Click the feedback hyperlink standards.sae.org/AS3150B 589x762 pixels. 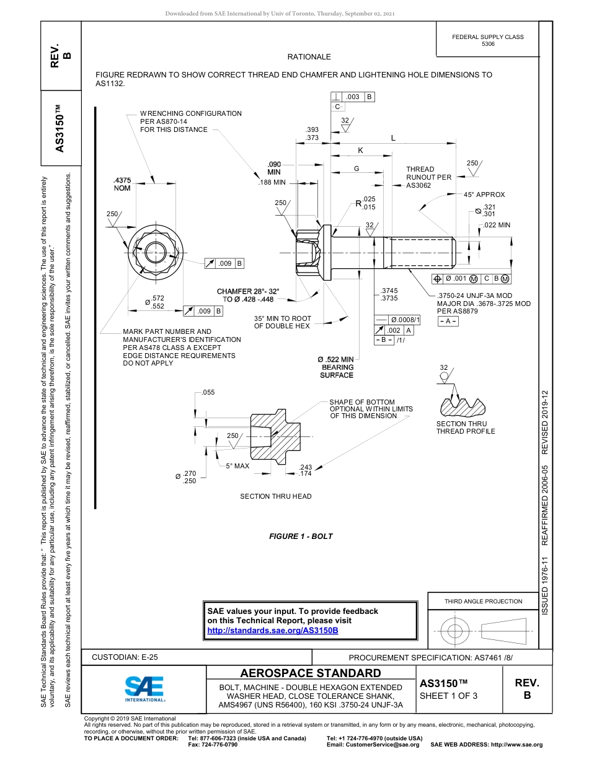pyautogui.click(x=273, y=630)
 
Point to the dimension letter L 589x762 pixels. pyautogui.click(x=393, y=138)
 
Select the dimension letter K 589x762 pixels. pyautogui.click(x=360, y=151)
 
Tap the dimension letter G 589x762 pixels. pyautogui.click(x=356, y=169)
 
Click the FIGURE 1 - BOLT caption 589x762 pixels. pyautogui.click(x=301, y=536)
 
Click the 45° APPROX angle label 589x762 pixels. pyautogui.click(x=484, y=195)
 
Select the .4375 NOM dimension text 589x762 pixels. pyautogui.click(x=122, y=184)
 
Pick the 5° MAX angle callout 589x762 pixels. pyautogui.click(x=237, y=465)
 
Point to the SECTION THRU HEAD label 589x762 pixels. pyautogui.click(x=276, y=496)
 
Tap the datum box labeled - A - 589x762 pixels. pyautogui.click(x=448, y=322)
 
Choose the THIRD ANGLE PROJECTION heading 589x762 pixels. pyautogui.click(x=483, y=601)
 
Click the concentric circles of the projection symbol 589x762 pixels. pyautogui.click(x=455, y=631)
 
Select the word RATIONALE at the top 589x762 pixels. pyautogui.click(x=309, y=57)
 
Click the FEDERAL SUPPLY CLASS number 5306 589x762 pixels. pyautogui.click(x=487, y=44)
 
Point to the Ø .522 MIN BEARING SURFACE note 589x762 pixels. pyautogui.click(x=336, y=367)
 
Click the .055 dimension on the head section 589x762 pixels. pyautogui.click(x=208, y=393)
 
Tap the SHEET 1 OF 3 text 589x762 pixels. pyautogui.click(x=448, y=696)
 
